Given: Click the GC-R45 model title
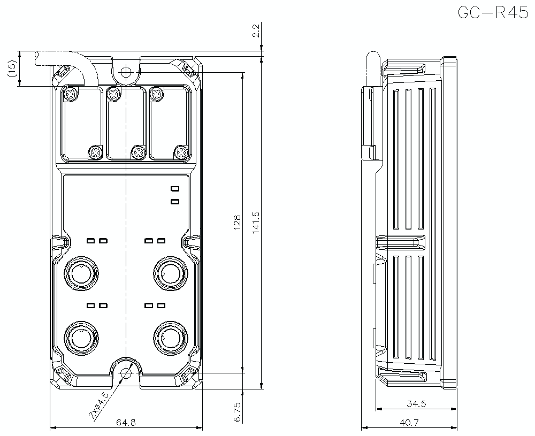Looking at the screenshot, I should tap(493, 12).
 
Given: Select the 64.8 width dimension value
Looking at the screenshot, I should tap(126, 422).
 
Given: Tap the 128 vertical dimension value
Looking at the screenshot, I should tap(237, 221).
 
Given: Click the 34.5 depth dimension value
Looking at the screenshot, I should tap(416, 404).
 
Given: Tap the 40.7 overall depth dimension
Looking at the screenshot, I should tap(409, 422).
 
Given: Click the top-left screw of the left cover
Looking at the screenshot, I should tap(71, 95).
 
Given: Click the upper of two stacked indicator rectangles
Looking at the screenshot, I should tap(174, 189).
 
